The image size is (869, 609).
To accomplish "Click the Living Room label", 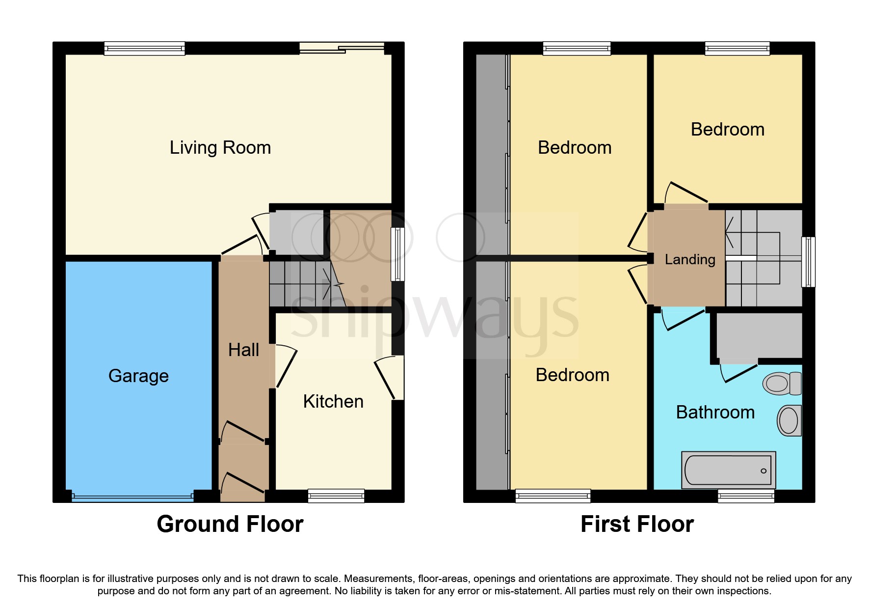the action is [220, 148].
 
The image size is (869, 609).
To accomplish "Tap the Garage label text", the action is [138, 376].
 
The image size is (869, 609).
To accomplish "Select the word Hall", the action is [243, 350].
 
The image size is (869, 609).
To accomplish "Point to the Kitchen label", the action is [333, 402].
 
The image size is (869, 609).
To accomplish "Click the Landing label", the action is [690, 260].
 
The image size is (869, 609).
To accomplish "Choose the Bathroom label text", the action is [715, 413].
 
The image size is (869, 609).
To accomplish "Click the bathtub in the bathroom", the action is [729, 470].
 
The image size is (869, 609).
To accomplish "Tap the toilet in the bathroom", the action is [782, 384].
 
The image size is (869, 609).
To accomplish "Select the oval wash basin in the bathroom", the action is [789, 420].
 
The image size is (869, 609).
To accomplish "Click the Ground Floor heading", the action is [230, 524].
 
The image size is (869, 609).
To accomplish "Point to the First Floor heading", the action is [637, 524].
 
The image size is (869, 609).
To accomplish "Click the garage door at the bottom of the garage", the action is [132, 497].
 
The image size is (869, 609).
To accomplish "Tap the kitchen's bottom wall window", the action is [336, 496].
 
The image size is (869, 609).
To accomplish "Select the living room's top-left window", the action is [145, 48].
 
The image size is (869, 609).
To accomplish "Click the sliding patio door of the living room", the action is [342, 48].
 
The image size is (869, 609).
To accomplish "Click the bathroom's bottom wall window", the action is [746, 496].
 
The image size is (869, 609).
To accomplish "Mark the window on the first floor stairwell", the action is [808, 262].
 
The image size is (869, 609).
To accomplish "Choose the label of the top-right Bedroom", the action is [728, 130].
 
